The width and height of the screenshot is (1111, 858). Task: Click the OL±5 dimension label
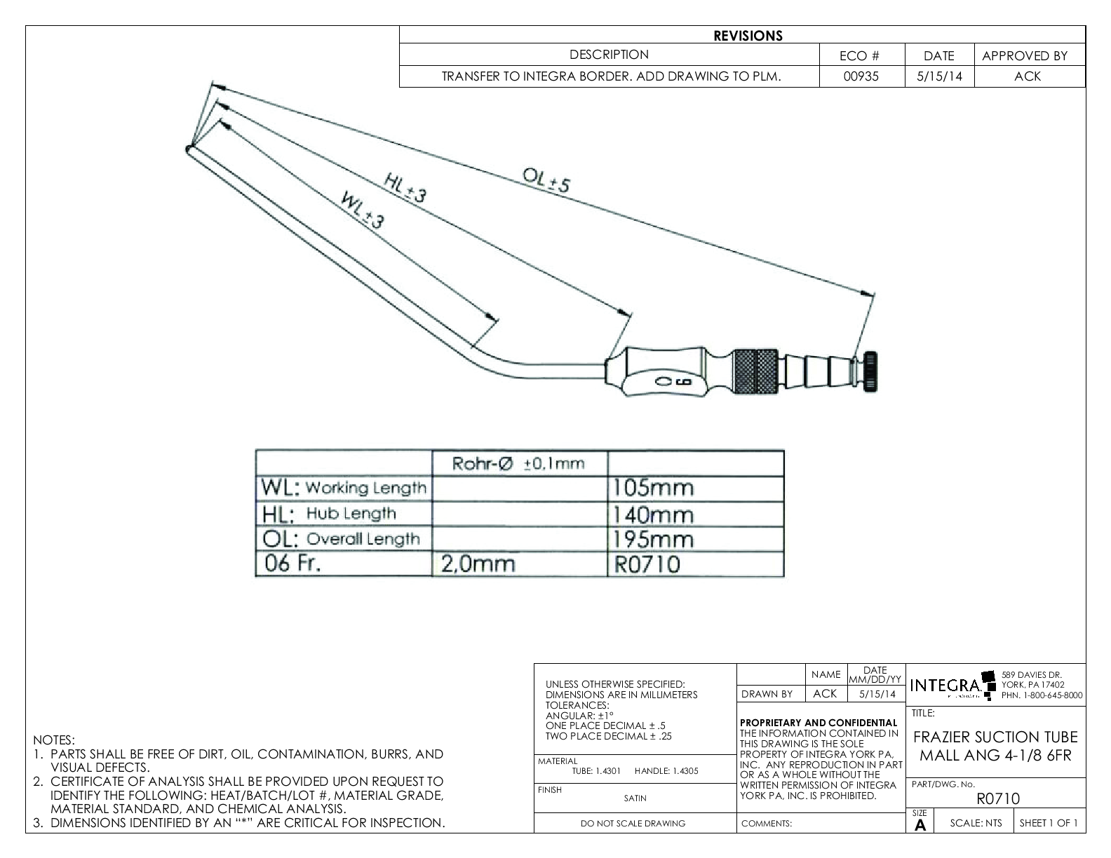[x=547, y=180]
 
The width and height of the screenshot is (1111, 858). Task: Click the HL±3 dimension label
[x=405, y=187]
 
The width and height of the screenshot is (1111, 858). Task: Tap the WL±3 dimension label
[x=363, y=209]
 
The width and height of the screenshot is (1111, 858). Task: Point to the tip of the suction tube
[x=189, y=149]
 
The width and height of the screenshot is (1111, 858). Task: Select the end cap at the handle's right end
[x=871, y=371]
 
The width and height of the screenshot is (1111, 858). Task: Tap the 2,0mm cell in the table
[x=478, y=564]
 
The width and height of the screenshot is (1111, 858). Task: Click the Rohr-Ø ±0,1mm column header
[x=518, y=463]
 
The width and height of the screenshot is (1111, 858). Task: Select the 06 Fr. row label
[x=292, y=564]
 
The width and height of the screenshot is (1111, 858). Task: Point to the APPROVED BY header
[x=1024, y=56]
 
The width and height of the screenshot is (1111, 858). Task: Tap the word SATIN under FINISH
[x=635, y=798]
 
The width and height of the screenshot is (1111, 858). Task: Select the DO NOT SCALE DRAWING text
[x=633, y=824]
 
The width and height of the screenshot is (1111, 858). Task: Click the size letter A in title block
[x=920, y=826]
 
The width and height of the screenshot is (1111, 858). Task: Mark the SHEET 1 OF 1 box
[x=1049, y=823]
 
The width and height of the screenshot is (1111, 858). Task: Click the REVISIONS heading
[x=748, y=36]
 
